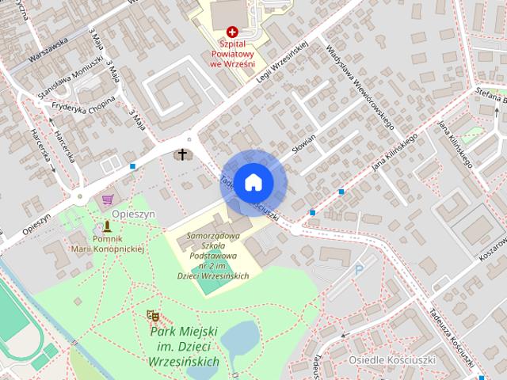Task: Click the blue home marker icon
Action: [x=253, y=182]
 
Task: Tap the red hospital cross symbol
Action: [x=231, y=32]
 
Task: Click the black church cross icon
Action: [x=183, y=154]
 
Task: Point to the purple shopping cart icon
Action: [x=108, y=200]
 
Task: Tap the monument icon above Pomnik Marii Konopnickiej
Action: [x=108, y=227]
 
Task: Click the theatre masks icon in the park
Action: [x=153, y=316]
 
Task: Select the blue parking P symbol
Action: [x=359, y=270]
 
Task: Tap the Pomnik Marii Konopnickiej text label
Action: [x=109, y=243]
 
